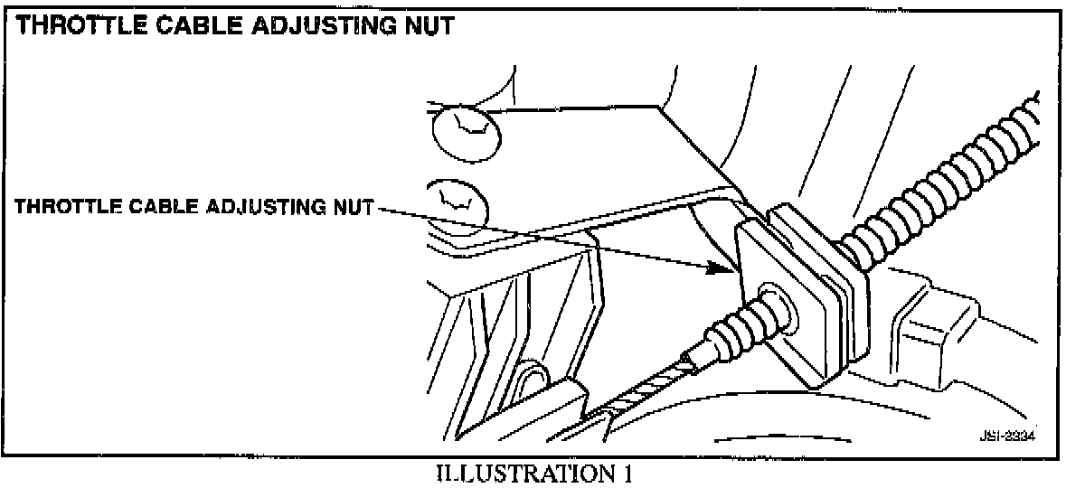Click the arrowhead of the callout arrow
click(x=731, y=267)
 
